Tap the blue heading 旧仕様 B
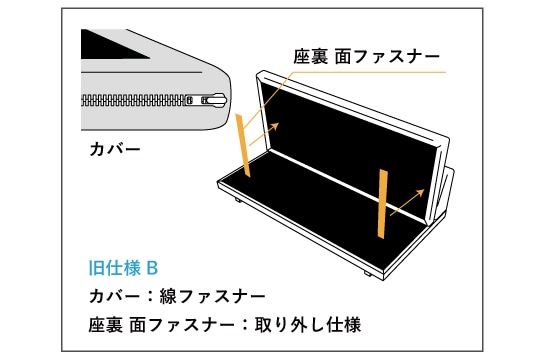click(x=123, y=268)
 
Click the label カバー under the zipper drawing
click(x=115, y=149)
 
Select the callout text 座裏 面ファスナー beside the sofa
click(x=366, y=56)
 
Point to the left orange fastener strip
click(x=243, y=145)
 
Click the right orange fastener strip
click(x=382, y=204)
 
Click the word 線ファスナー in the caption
click(x=212, y=296)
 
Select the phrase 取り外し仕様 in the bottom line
click(x=308, y=325)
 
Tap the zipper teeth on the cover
click(x=134, y=100)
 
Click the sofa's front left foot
click(x=239, y=199)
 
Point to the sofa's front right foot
click(x=367, y=274)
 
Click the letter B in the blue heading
click(x=152, y=268)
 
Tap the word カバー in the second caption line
click(x=114, y=296)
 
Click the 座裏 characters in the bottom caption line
click(x=106, y=325)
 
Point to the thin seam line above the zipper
click(x=141, y=72)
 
